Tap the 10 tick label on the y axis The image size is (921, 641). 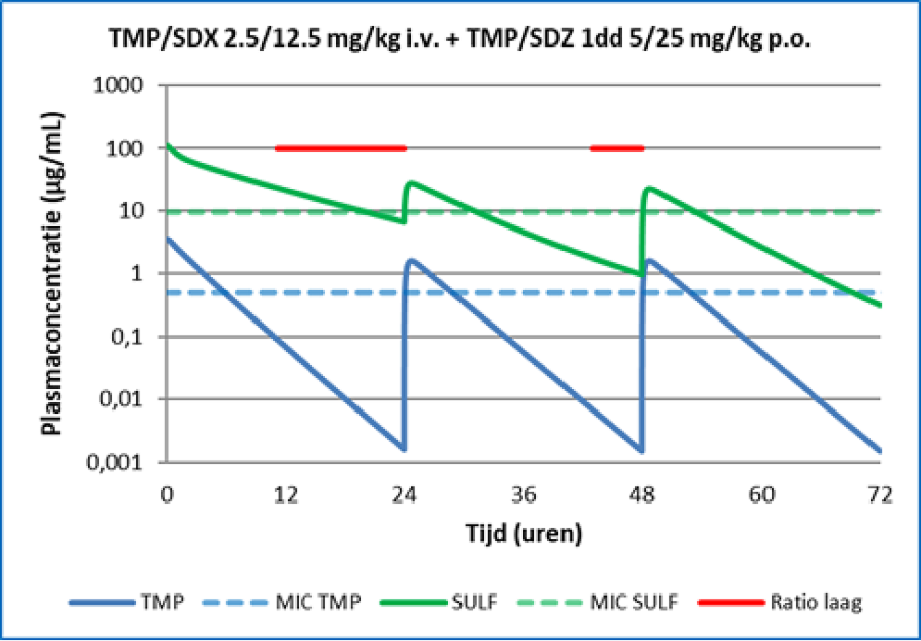(x=141, y=211)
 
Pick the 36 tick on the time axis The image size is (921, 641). (x=524, y=496)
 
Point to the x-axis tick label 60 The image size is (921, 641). (x=762, y=496)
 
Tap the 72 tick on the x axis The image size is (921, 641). (x=880, y=496)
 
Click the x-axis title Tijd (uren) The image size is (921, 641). (x=523, y=533)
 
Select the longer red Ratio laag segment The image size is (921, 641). (x=341, y=147)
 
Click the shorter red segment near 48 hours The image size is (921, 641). (x=616, y=147)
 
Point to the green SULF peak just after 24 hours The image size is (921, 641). (x=411, y=182)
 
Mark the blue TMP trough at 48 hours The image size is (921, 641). (x=641, y=451)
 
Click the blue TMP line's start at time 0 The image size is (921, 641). (x=168, y=239)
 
